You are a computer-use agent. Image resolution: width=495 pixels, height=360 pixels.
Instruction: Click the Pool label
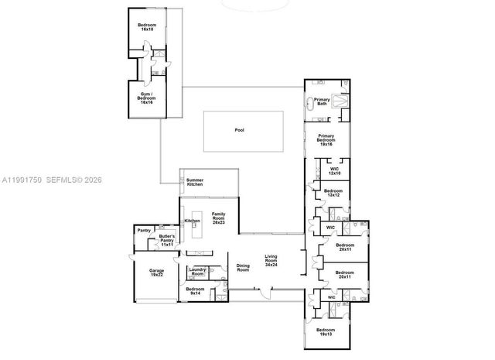tap(239, 130)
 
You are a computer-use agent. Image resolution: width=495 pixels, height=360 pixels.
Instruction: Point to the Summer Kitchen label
tap(195, 183)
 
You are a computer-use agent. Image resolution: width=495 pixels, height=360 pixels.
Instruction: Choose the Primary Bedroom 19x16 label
tap(326, 140)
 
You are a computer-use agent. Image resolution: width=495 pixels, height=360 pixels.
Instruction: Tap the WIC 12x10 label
tap(334, 170)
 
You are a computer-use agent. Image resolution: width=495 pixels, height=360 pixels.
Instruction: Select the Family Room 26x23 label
tap(218, 217)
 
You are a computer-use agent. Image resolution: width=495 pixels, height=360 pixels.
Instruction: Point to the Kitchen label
tap(192, 221)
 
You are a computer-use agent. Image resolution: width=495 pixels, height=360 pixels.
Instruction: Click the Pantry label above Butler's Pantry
tap(143, 230)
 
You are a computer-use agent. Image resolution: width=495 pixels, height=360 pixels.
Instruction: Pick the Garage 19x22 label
tap(157, 273)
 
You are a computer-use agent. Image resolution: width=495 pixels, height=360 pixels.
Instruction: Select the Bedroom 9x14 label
tap(194, 290)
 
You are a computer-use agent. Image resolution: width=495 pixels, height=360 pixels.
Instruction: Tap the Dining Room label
tap(243, 269)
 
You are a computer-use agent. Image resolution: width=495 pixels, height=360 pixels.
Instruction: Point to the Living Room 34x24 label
tap(271, 259)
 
